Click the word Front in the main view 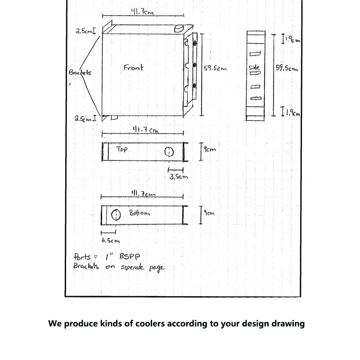coord(133,67)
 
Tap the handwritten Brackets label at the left coord(80,72)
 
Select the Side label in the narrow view coord(254,67)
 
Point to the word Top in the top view coord(122,149)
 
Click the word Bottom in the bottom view coord(139,213)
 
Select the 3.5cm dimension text coord(178,177)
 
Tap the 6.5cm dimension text coord(111,240)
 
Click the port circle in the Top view coord(169,152)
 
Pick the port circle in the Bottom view coord(116,215)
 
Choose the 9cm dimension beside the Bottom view coord(209,213)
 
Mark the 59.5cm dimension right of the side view coord(287,68)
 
